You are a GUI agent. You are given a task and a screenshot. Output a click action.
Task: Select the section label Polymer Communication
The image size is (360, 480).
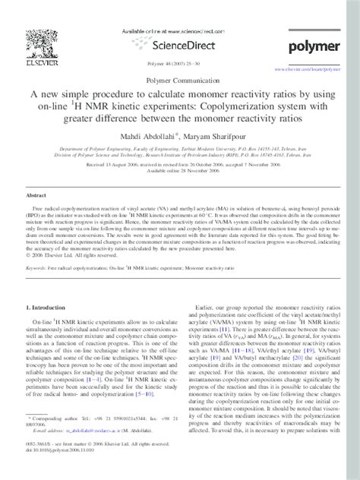click(180, 79)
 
